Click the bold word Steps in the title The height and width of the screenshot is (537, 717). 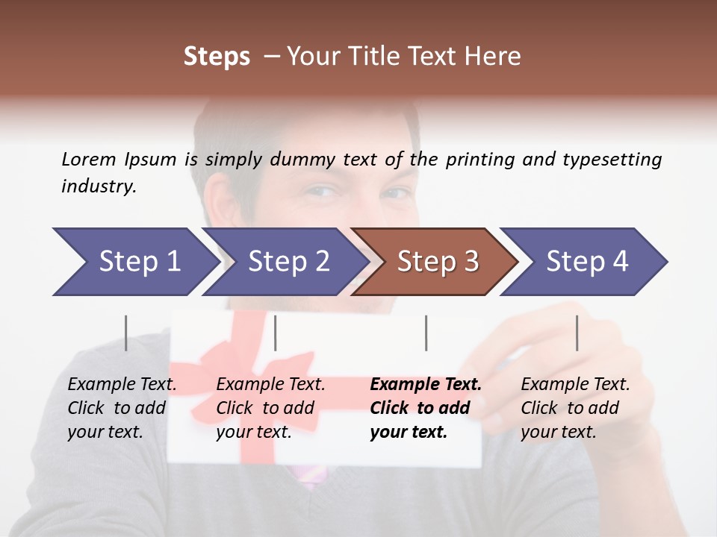pyautogui.click(x=217, y=57)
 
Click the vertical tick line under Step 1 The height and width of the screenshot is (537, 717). pyautogui.click(x=126, y=333)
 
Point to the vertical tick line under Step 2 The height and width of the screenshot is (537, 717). pyautogui.click(x=276, y=333)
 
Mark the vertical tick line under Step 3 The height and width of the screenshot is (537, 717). pyautogui.click(x=426, y=333)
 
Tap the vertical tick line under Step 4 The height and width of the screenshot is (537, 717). pyautogui.click(x=577, y=333)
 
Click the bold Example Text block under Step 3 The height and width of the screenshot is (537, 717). pyautogui.click(x=426, y=408)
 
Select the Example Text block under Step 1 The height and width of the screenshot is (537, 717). pyautogui.click(x=122, y=408)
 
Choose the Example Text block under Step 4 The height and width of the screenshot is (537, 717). pyautogui.click(x=575, y=408)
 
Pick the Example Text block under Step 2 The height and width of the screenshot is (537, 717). pyautogui.click(x=270, y=408)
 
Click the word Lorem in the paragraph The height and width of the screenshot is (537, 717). pyautogui.click(x=89, y=159)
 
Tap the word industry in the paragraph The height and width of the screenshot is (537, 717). pyautogui.click(x=99, y=186)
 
